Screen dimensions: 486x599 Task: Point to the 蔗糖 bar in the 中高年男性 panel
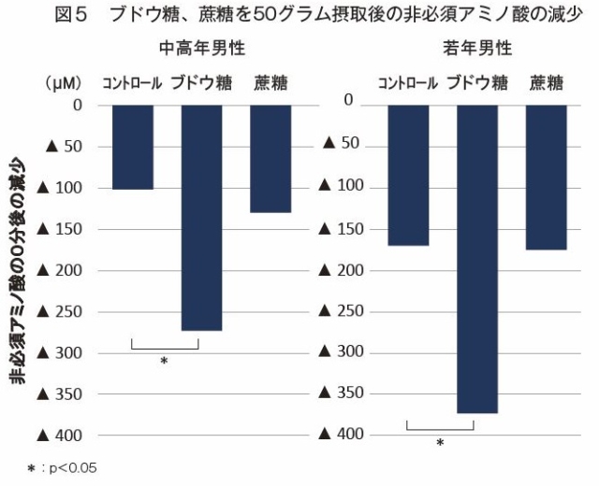270,159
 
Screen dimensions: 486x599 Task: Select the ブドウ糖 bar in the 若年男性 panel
476,258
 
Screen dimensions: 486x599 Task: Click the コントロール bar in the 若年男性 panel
408,175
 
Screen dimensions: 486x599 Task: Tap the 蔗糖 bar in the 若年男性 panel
547,178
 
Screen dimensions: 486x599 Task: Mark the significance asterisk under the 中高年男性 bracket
164,360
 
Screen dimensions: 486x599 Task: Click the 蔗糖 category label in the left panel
270,82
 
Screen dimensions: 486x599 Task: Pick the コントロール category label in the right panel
408,82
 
